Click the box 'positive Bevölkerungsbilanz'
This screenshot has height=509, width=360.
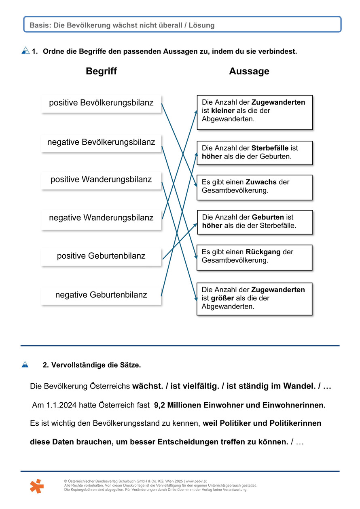(x=101, y=103)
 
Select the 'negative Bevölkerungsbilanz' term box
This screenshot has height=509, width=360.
(x=101, y=142)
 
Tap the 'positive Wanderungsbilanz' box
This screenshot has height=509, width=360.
(x=101, y=180)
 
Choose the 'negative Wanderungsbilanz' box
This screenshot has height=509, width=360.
(x=101, y=218)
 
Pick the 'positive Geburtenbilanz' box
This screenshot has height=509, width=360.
(x=101, y=256)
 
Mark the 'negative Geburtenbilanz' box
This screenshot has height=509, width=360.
(x=101, y=295)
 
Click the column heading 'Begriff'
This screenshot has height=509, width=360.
(x=101, y=72)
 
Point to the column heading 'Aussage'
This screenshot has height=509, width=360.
(x=249, y=72)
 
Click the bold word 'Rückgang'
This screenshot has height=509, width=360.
(x=264, y=252)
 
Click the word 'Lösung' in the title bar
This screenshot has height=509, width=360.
(x=201, y=25)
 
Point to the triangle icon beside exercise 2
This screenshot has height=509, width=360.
(x=25, y=365)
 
